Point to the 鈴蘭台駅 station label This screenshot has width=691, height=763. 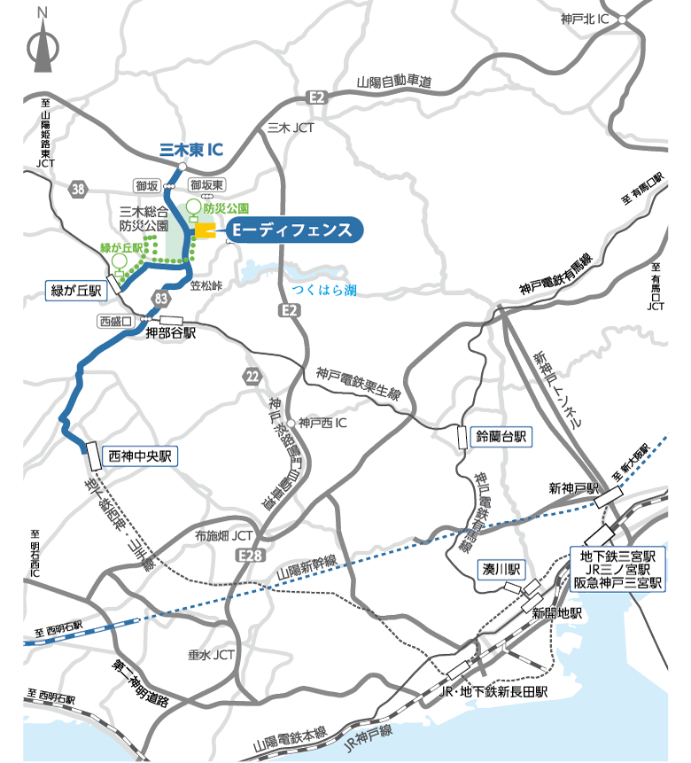click(x=501, y=437)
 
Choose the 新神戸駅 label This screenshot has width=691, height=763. click(x=573, y=488)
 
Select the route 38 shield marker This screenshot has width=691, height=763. click(x=79, y=188)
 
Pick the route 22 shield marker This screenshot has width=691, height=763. click(x=253, y=377)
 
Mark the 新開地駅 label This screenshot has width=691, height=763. click(x=556, y=613)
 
